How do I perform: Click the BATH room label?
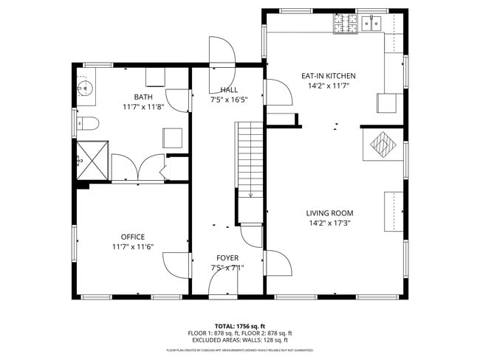pos(143,97)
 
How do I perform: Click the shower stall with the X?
pos(93,159)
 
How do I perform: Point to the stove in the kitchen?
pos(345,26)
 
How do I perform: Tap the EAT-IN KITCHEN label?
pos(328,76)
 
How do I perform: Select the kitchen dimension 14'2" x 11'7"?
pos(328,86)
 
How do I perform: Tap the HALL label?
pos(228,89)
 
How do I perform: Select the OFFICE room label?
pos(132,237)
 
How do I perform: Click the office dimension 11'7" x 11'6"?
pos(132,246)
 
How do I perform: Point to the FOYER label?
pos(227,257)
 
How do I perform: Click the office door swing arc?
pos(175,263)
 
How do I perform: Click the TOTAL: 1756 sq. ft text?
pos(239,325)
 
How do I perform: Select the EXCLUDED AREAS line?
pos(239,340)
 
